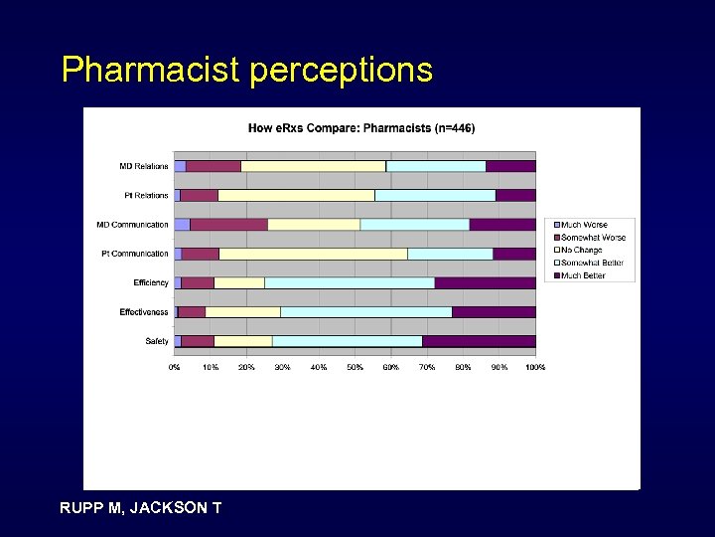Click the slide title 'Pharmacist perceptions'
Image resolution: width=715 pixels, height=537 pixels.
(246, 70)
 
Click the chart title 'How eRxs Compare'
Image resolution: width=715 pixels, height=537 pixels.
(360, 128)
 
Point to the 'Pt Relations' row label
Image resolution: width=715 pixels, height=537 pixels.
(145, 195)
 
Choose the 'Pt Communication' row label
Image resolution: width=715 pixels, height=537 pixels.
(135, 254)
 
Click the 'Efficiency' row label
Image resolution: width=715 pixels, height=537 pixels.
(151, 283)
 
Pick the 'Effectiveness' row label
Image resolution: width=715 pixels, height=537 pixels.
(144, 312)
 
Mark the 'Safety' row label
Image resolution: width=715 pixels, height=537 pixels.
(157, 341)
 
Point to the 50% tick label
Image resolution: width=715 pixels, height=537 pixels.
(355, 367)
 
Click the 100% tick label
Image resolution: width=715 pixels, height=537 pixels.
(534, 367)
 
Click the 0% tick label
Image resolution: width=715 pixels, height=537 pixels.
(175, 367)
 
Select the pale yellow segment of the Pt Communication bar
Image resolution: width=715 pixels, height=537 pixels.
(313, 254)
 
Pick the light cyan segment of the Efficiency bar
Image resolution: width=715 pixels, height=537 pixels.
(350, 283)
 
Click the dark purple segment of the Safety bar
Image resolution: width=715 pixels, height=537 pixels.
(479, 341)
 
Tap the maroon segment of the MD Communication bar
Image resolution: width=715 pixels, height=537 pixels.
(228, 225)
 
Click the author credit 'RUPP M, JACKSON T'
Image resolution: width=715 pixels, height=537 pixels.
(141, 508)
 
